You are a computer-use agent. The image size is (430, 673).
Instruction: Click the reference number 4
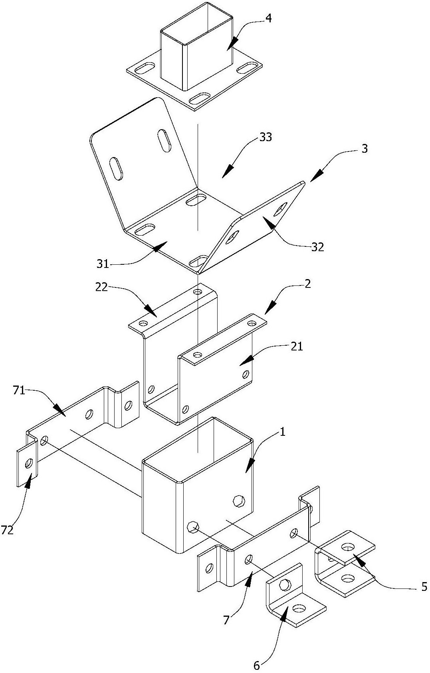[268, 19]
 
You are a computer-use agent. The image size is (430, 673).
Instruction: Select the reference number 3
[365, 149]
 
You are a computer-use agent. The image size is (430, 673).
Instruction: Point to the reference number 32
[317, 247]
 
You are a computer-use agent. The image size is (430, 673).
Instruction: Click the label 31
[102, 264]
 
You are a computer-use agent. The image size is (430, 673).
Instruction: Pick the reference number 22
[101, 287]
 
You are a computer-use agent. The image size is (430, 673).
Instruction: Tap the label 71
[19, 392]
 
